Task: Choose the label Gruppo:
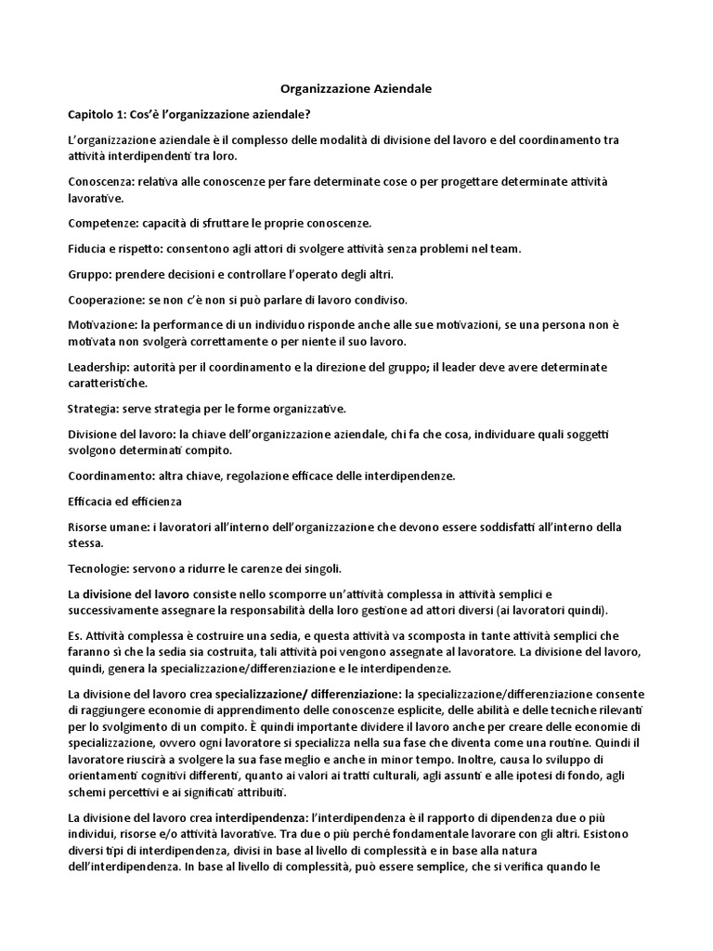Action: click(x=91, y=274)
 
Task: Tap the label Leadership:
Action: click(x=102, y=367)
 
